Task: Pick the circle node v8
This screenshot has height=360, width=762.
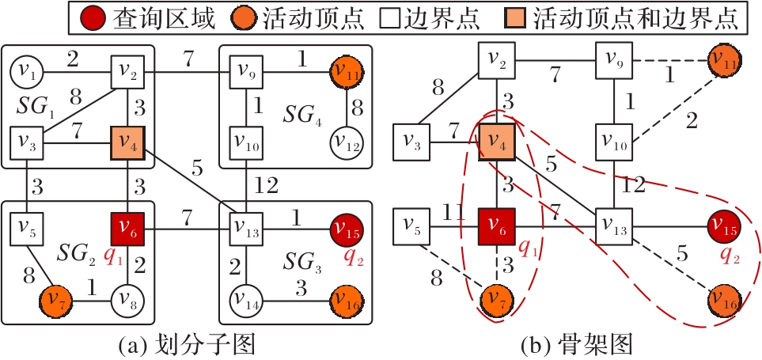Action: (x=126, y=300)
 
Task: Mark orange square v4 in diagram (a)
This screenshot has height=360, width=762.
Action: (x=126, y=143)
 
